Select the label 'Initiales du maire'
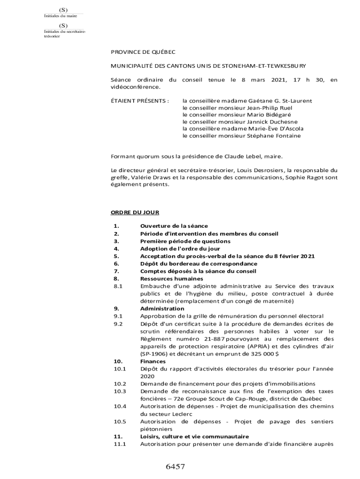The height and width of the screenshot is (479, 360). coord(60,16)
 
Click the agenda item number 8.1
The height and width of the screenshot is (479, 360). coord(117,286)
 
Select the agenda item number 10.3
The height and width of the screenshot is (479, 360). coord(120,391)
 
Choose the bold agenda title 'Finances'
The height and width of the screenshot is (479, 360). coord(153,361)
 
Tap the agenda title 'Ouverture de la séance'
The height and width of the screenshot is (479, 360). coord(174,226)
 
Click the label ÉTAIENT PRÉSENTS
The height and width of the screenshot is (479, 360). coord(139,101)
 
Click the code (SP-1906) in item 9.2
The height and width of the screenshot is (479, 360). coord(154,354)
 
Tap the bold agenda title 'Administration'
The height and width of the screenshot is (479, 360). coord(162,309)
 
